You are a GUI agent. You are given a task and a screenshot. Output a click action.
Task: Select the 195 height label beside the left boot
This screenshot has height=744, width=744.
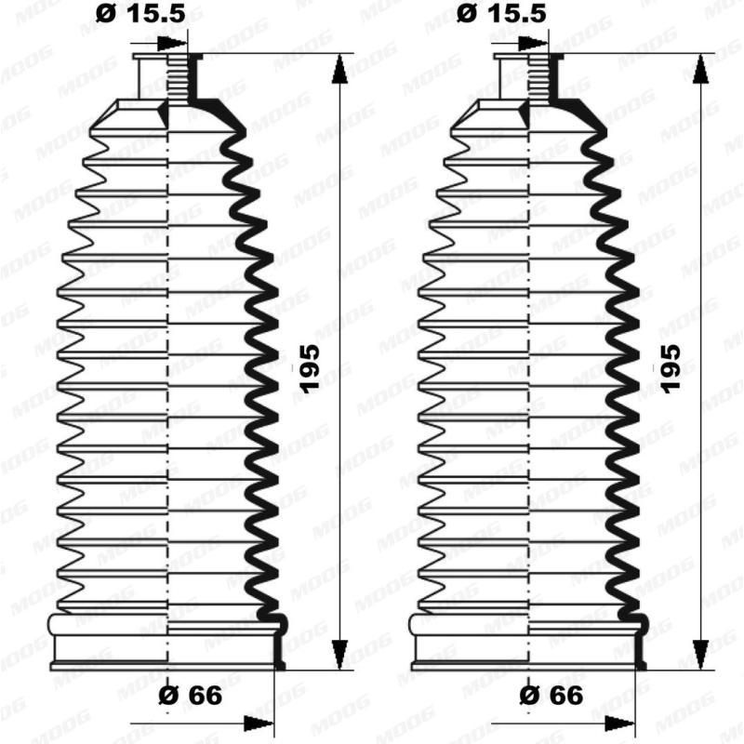coord(309,368)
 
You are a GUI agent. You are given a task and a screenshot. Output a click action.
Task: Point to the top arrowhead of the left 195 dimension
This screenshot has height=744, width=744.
coord(339,67)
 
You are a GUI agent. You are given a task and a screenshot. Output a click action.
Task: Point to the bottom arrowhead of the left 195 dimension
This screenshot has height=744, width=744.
coord(339,656)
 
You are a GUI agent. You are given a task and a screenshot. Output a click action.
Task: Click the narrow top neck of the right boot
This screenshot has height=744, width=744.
coord(526,74)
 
